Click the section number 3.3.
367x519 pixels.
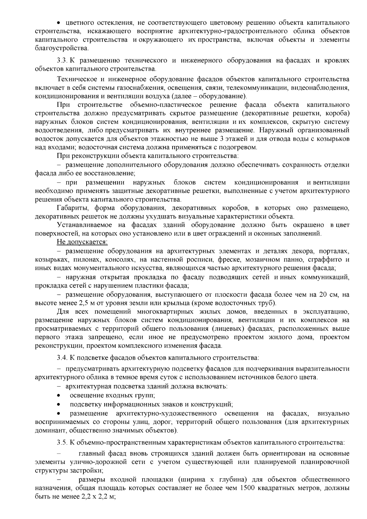62,61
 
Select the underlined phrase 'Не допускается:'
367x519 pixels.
82,242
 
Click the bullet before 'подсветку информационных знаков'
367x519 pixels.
59,404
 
